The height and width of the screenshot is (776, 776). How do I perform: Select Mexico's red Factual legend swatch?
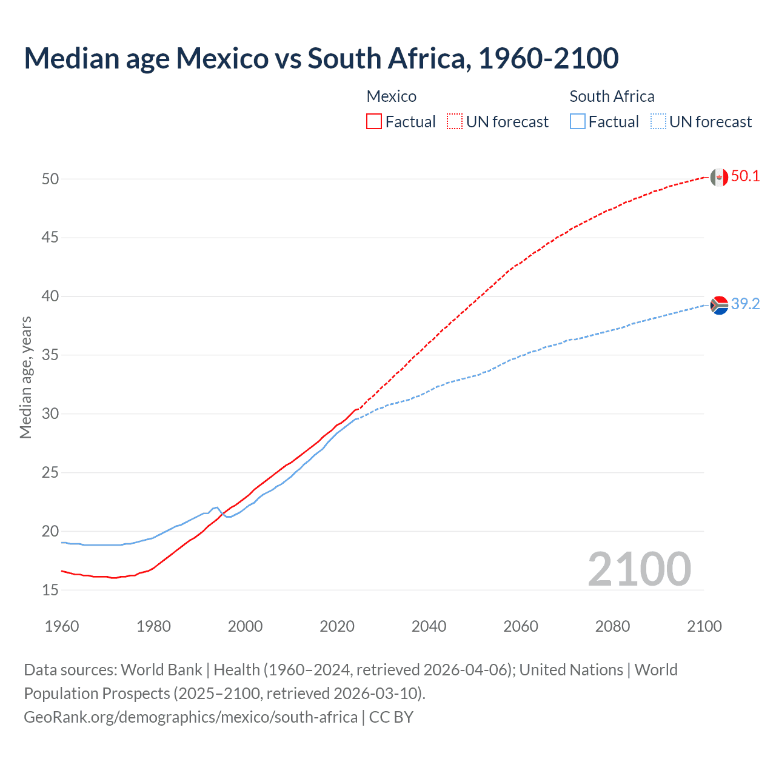point(374,122)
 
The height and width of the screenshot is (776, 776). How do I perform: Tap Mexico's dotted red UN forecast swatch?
point(455,122)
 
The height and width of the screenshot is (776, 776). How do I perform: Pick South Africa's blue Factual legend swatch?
point(578,122)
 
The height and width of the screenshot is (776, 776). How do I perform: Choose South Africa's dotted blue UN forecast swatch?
point(658,122)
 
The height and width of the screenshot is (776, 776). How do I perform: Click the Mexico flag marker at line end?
point(719,177)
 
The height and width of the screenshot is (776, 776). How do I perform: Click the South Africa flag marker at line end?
point(719,305)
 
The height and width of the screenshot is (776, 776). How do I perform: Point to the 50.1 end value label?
point(745,176)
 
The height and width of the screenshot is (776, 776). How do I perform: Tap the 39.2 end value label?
point(745,304)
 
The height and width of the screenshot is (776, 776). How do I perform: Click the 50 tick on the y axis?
point(50,179)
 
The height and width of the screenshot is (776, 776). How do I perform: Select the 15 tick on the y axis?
point(50,590)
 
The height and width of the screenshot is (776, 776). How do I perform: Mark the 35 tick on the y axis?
point(50,355)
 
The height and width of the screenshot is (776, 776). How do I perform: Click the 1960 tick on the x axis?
point(62,626)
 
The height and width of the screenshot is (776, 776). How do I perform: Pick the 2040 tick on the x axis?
point(429,626)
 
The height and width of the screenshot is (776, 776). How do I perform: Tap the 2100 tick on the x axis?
point(704,626)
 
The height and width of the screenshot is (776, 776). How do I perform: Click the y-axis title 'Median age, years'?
point(25,377)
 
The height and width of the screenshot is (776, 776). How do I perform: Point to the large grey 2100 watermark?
point(639,569)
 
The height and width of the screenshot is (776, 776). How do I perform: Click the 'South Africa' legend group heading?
point(612,96)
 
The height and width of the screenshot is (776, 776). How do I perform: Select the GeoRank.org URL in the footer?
point(190,717)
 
